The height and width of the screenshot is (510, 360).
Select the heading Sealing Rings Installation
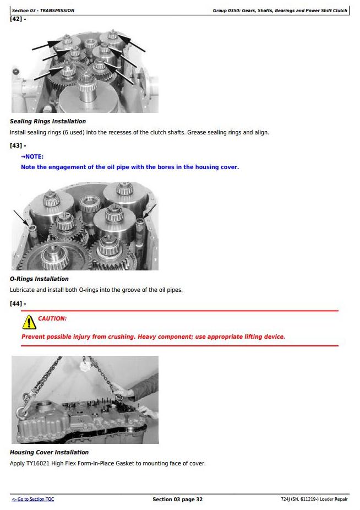click(48, 121)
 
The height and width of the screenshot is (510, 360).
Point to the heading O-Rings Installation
click(39, 279)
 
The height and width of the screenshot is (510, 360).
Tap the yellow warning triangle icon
click(29, 322)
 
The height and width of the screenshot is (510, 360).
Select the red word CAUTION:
click(52, 318)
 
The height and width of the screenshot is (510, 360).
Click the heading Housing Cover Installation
click(49, 452)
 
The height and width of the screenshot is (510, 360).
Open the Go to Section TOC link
click(33, 499)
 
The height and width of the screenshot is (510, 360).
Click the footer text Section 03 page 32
click(178, 500)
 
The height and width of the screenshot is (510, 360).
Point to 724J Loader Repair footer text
click(314, 499)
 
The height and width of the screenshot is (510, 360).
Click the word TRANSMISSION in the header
click(57, 10)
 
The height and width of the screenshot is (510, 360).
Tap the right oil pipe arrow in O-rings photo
click(150, 211)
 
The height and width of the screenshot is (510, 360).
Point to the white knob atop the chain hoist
click(85, 367)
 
